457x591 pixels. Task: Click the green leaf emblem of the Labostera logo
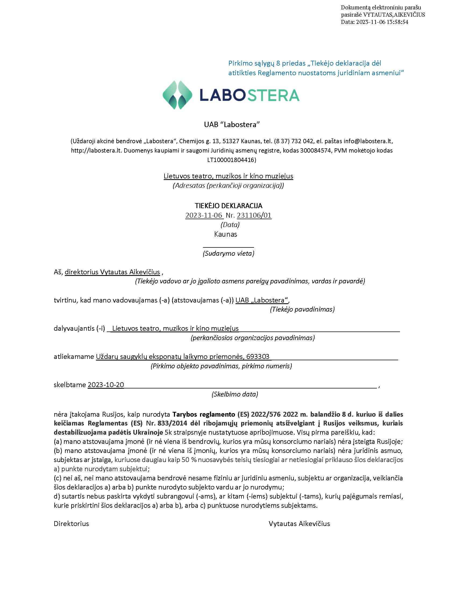click(177, 95)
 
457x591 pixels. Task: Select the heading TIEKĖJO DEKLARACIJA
click(228, 206)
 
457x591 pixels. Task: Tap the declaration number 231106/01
click(254, 215)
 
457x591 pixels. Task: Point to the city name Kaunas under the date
click(225, 234)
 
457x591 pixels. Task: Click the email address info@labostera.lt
click(368, 141)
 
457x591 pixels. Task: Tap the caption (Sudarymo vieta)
click(228, 253)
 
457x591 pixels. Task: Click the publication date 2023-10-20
click(106, 384)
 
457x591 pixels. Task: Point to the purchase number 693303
click(258, 356)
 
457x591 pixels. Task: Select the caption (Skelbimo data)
click(235, 394)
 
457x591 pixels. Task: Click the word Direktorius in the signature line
click(71, 523)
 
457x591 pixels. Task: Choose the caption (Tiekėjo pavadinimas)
click(302, 309)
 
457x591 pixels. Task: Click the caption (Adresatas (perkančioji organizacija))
click(228, 185)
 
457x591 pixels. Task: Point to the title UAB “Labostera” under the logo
click(232, 124)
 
